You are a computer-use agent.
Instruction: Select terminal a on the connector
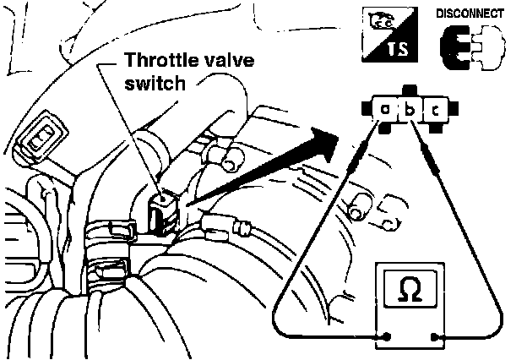[x=385, y=110]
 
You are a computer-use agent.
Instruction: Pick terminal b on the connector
[x=410, y=110]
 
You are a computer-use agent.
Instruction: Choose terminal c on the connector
[x=433, y=110]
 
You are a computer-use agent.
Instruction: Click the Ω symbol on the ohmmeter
[x=410, y=289]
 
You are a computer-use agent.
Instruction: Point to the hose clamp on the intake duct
[x=115, y=230]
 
